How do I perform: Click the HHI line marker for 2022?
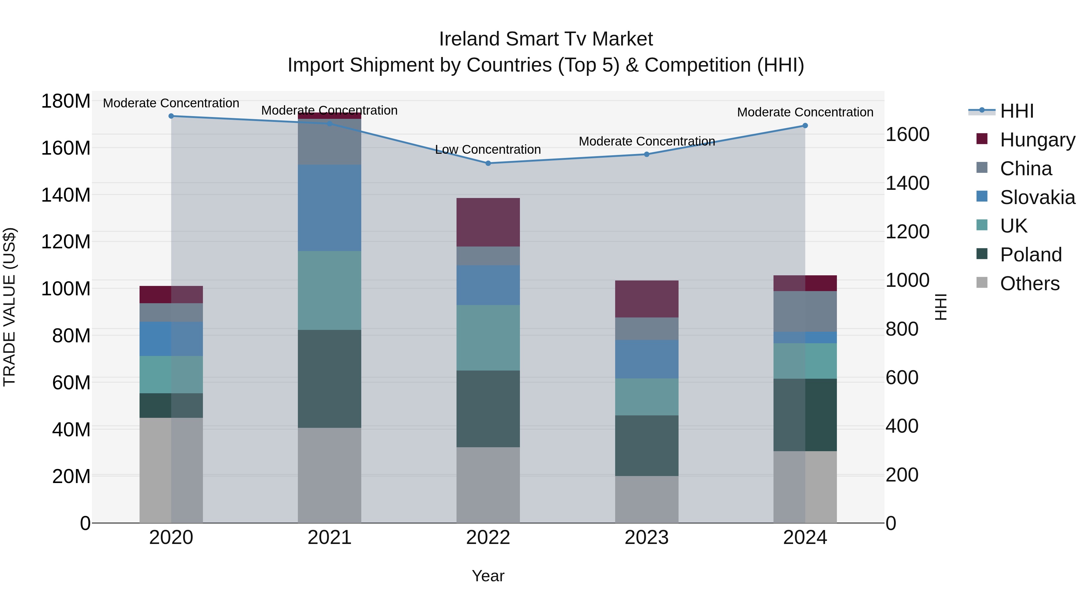click(488, 163)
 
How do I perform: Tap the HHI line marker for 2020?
click(171, 116)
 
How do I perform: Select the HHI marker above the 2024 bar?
click(805, 126)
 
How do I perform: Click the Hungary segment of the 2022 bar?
click(488, 222)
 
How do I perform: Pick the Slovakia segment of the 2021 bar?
click(329, 208)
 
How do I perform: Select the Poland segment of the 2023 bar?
click(646, 445)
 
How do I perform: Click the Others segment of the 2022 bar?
click(488, 485)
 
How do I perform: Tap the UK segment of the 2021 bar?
click(329, 290)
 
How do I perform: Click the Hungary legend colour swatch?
click(982, 139)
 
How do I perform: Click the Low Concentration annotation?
click(488, 149)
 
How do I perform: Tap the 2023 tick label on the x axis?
click(646, 538)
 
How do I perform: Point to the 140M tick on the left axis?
click(66, 195)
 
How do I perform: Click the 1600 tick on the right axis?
click(908, 135)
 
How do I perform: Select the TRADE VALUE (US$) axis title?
click(10, 307)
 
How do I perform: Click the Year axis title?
click(488, 576)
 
